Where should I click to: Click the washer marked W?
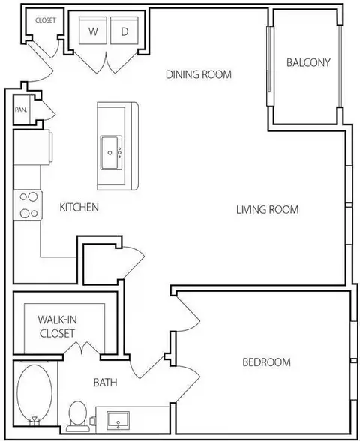(93, 30)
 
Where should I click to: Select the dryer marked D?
(124, 30)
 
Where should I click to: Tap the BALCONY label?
(308, 62)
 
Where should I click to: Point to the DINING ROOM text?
(199, 74)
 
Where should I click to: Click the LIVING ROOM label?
(267, 210)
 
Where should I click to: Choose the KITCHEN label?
(79, 208)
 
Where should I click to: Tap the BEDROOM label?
(267, 362)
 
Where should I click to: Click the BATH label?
(105, 382)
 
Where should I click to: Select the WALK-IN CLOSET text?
(57, 326)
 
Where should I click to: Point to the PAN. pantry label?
(21, 109)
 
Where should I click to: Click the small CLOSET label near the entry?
(46, 20)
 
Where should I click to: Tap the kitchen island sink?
(111, 153)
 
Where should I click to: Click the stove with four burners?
(28, 205)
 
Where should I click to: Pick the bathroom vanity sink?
(118, 421)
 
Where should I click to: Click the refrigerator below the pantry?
(33, 147)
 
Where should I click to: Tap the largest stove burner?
(33, 196)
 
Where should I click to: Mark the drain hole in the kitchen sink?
(110, 153)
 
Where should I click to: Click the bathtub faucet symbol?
(34, 420)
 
